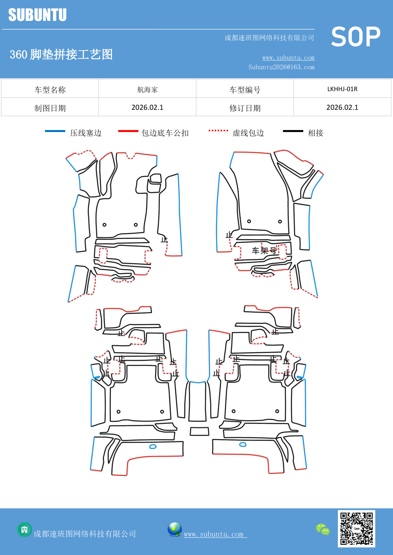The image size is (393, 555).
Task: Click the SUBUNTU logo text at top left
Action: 37,15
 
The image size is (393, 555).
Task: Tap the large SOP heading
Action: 355,37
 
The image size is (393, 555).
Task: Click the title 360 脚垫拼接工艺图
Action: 61,54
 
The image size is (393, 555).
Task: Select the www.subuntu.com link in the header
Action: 288,58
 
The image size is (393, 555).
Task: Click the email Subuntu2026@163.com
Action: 281,67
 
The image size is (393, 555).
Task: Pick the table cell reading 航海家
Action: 147,90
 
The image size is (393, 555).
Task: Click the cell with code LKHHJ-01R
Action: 342,89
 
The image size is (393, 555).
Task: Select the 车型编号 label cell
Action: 245,90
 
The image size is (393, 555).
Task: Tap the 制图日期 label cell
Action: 50,108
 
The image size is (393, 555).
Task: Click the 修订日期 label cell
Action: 245,108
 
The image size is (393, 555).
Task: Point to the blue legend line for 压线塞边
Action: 55,131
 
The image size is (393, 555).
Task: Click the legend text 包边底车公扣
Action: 165,133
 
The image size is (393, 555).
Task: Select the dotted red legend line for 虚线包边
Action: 218,130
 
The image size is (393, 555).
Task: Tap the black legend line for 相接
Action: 293,131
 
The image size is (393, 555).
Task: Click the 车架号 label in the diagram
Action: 264,251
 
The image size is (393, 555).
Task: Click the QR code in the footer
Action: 356,528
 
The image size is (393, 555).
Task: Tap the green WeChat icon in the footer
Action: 323,529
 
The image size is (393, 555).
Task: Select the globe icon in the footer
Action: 174,529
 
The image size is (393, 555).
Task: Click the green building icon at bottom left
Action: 24,529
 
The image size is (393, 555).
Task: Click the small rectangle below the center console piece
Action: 200,432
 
